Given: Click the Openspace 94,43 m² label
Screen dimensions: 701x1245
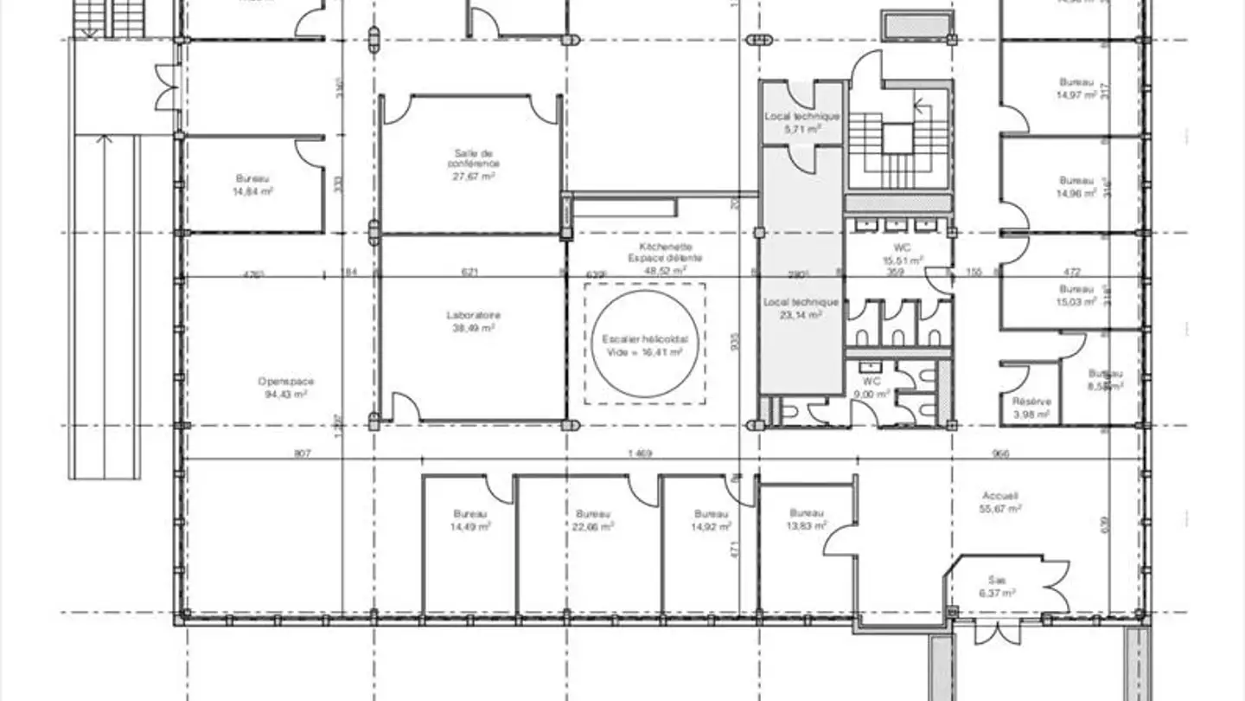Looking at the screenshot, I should pyautogui.click(x=285, y=387).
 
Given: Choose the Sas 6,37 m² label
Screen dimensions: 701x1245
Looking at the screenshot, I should pyautogui.click(x=996, y=586).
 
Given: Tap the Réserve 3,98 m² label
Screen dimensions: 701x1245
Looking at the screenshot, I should pyautogui.click(x=1031, y=408).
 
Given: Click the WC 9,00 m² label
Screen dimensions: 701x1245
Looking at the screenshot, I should pyautogui.click(x=871, y=387).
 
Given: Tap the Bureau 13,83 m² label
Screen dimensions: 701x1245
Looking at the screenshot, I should pyautogui.click(x=806, y=518).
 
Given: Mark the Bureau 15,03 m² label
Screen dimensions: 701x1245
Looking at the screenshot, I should pyautogui.click(x=1076, y=295).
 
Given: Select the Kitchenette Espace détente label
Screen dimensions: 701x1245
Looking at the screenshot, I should pyautogui.click(x=665, y=258).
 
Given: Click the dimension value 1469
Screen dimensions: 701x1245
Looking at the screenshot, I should pyautogui.click(x=638, y=453).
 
